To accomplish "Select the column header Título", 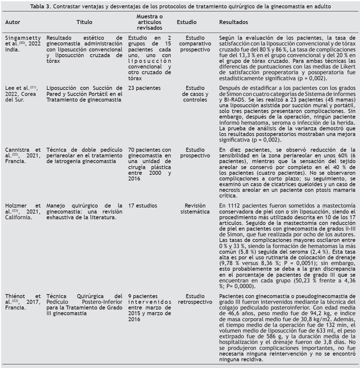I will tap(85, 22).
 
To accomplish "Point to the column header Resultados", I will tap(234, 22).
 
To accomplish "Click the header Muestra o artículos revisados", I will tap(147, 22).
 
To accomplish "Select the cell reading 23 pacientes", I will tap(144, 87).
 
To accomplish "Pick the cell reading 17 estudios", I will tap(142, 205).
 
